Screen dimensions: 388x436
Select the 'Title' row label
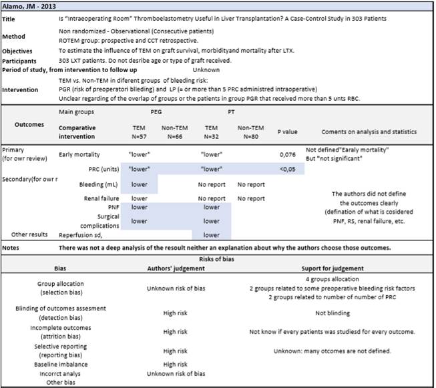[x=10, y=19]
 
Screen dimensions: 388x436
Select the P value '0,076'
[x=286, y=154]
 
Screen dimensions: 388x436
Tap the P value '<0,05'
[x=286, y=168]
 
